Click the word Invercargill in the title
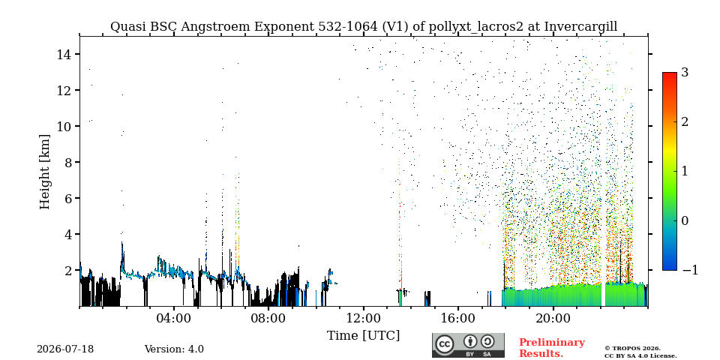tap(580, 27)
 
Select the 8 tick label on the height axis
tap(68, 162)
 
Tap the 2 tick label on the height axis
tap(68, 270)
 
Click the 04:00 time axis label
tap(174, 318)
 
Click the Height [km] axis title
tap(44, 172)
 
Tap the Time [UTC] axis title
tap(363, 336)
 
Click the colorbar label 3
tap(685, 72)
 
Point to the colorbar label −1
tap(690, 270)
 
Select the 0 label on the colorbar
tap(685, 220)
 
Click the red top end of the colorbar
tap(670, 74)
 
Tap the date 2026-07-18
tap(65, 349)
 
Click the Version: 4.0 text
tap(174, 349)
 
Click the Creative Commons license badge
tap(468, 345)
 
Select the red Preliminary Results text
tap(552, 347)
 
